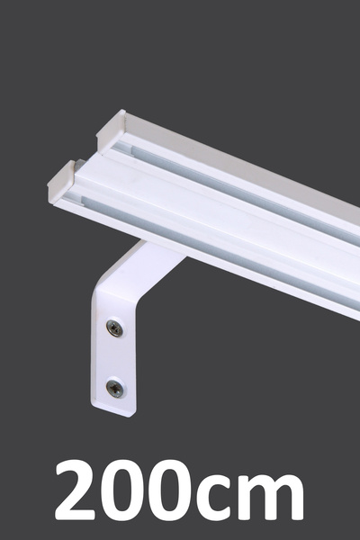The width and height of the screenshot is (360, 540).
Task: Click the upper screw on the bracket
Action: coord(115,328)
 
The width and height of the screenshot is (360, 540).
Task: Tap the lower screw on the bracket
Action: coord(115,389)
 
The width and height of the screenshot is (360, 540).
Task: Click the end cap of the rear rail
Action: coord(111,131)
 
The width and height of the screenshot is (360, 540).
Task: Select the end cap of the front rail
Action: coord(62,184)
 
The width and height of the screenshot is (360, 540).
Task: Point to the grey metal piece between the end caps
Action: coord(80,165)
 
